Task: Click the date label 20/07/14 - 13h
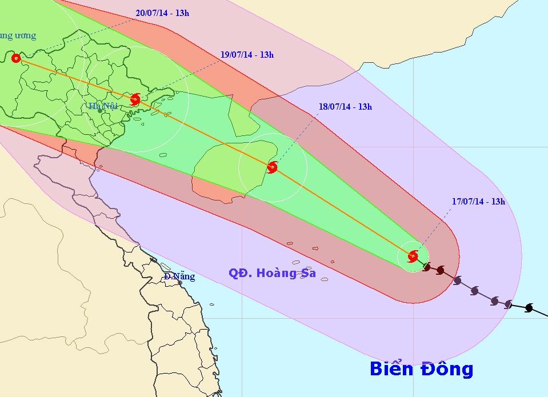[x=163, y=13]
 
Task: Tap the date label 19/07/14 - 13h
[x=247, y=55]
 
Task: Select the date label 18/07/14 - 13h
[x=345, y=106]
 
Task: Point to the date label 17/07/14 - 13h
[x=478, y=201]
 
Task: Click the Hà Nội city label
[x=103, y=106]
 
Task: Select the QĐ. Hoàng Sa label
[x=272, y=273]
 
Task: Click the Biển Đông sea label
[x=421, y=368]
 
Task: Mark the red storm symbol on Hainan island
[x=272, y=167]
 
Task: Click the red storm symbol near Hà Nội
[x=135, y=99]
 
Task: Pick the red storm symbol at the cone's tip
[x=413, y=256]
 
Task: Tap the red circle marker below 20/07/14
[x=15, y=58]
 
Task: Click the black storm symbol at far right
[x=529, y=308]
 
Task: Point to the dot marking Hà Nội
[x=100, y=111]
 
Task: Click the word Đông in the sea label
[x=447, y=368]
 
